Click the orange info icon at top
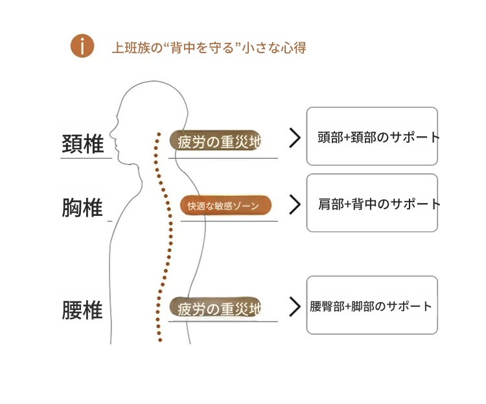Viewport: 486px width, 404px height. [x=82, y=46]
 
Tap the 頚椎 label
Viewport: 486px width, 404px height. [x=83, y=144]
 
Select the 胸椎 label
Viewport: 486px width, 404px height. [x=83, y=208]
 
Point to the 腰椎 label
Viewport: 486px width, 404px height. [x=83, y=309]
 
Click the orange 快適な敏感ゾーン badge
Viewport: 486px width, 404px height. [x=226, y=206]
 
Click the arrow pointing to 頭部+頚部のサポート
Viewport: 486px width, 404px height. [x=295, y=137]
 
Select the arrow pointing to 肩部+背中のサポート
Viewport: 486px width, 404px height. [x=295, y=204]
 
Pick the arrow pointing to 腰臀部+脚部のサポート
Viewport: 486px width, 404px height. [x=295, y=306]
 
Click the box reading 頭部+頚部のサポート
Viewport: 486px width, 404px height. [x=372, y=136]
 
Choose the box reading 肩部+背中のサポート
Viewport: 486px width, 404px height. [x=372, y=203]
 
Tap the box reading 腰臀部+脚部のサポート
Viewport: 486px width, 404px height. [x=372, y=305]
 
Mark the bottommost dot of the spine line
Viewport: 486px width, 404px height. [x=159, y=340]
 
